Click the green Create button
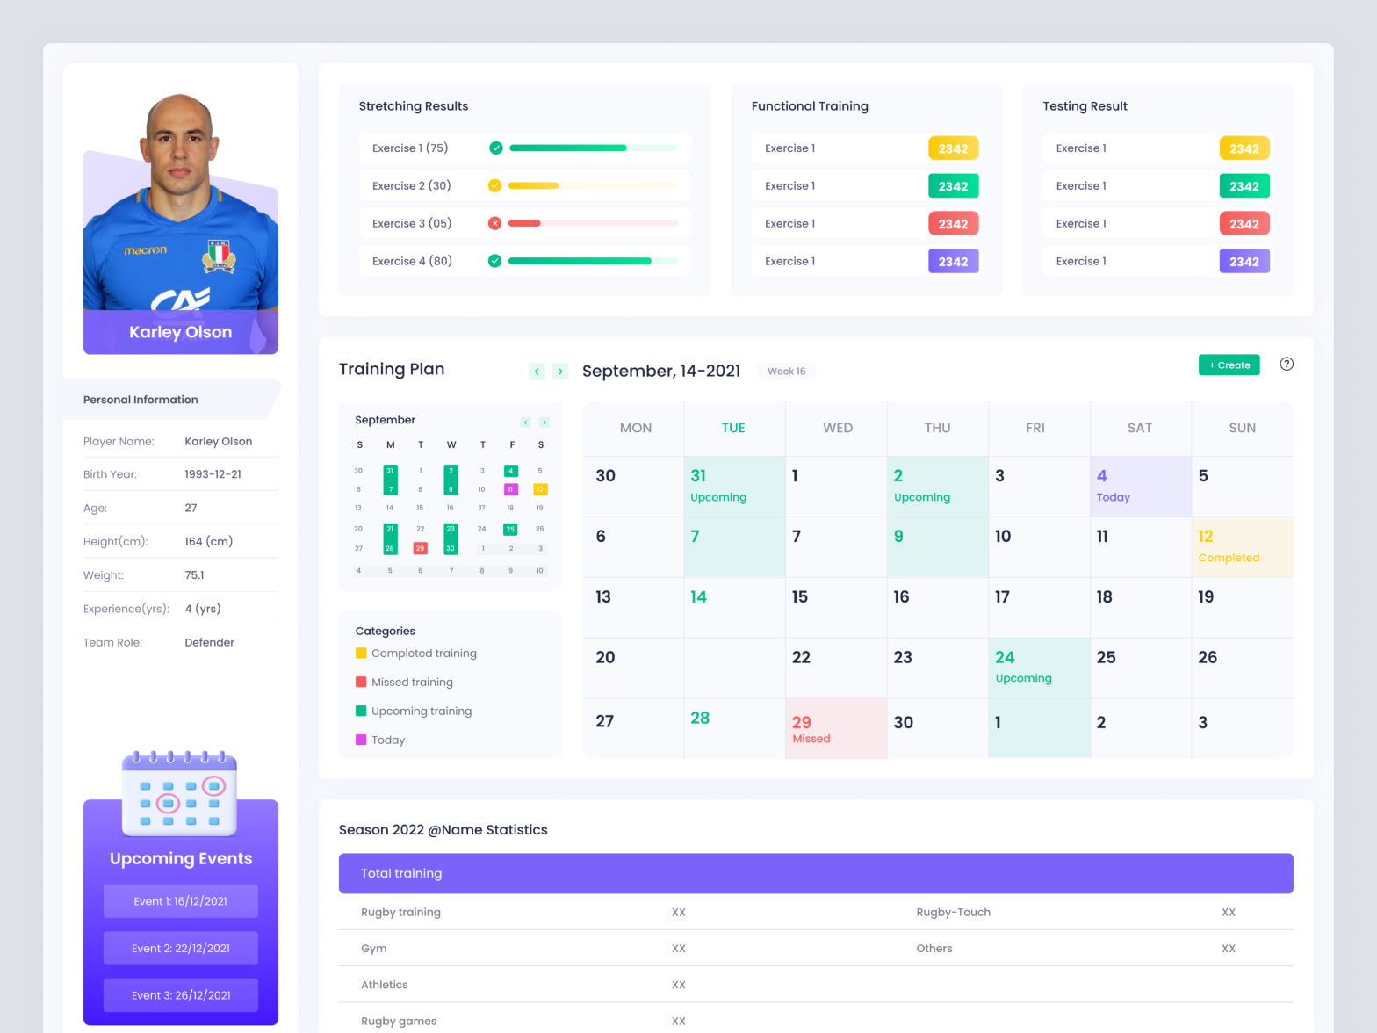click(1229, 365)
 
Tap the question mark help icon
click(1287, 365)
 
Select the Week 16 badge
click(786, 372)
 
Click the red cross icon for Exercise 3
click(494, 223)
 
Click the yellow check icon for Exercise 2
click(494, 185)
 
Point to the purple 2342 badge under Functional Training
click(953, 262)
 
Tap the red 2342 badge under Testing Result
click(1244, 224)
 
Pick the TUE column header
click(733, 428)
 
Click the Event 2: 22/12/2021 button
click(181, 949)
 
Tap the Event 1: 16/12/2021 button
click(181, 901)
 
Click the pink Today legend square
click(361, 740)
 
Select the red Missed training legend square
click(361, 682)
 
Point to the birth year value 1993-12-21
click(213, 474)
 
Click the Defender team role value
click(209, 643)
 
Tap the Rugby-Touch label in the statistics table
click(953, 913)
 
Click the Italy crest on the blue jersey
click(219, 256)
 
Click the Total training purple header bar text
click(401, 874)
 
